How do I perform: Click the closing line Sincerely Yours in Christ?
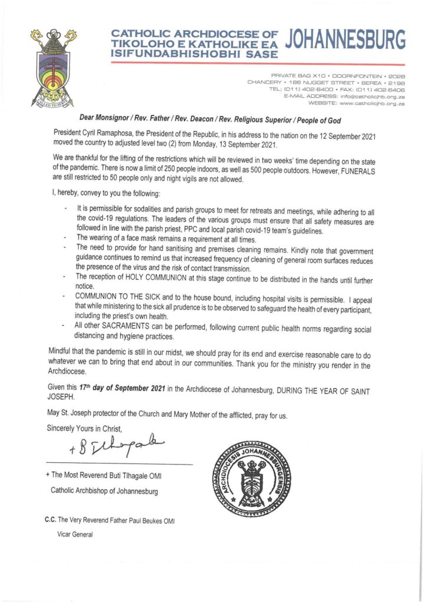point(85,428)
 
